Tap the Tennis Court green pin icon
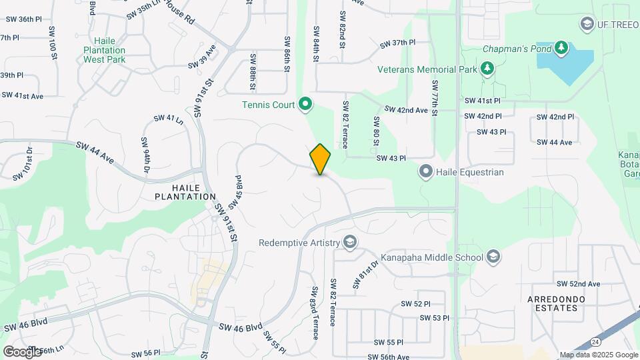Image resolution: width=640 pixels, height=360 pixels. click(305, 103)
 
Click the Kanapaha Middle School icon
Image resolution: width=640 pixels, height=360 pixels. click(493, 257)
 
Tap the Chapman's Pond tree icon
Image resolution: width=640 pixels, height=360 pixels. click(561, 47)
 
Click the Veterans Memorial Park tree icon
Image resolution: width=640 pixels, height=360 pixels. click(488, 69)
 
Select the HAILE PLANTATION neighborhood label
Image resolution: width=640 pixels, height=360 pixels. click(185, 192)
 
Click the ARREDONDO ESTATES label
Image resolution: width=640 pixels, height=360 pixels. click(561, 303)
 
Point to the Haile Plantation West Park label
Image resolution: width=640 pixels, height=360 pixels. click(105, 50)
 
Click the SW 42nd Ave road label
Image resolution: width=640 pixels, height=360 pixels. click(406, 109)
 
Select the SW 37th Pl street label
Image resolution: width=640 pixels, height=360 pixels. click(397, 43)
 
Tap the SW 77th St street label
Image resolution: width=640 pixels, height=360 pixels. click(435, 98)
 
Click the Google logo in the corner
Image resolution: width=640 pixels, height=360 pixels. click(22, 351)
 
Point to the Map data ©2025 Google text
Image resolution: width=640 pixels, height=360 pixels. click(598, 355)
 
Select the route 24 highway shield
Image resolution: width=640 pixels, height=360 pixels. click(594, 341)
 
